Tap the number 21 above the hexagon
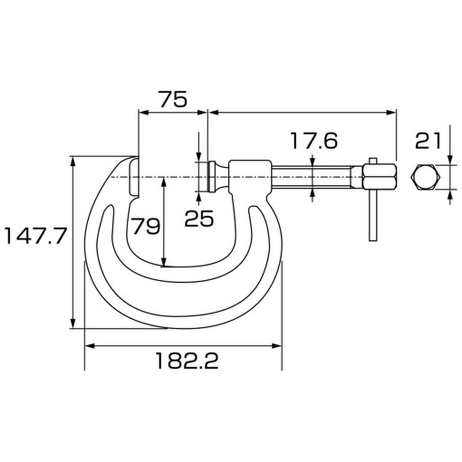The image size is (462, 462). tap(428, 140)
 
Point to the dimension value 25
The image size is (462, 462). tap(199, 219)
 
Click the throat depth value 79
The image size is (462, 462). tap(146, 226)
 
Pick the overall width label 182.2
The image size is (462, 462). tap(187, 361)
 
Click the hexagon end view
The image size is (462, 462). tap(426, 177)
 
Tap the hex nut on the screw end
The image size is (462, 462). tap(380, 177)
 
